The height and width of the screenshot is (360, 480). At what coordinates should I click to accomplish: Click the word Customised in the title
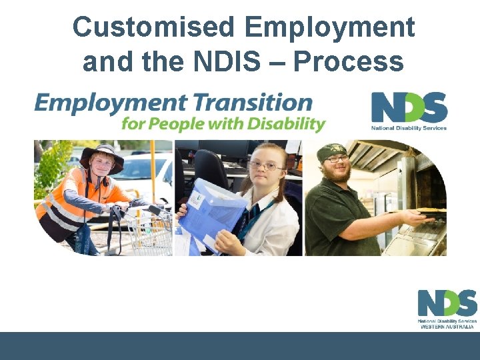tap(153, 28)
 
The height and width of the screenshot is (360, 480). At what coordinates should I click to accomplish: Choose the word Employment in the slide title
tap(329, 28)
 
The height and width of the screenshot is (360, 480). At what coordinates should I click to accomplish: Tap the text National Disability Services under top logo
tap(409, 127)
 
